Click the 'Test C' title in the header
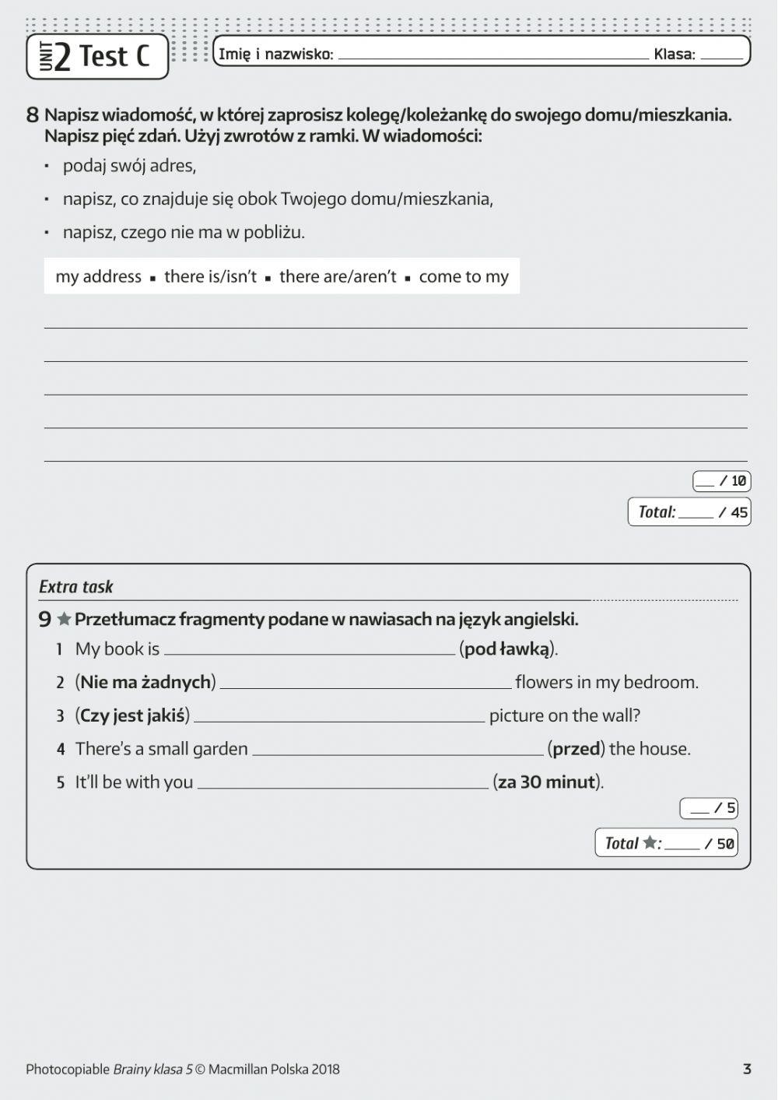pyautogui.click(x=114, y=56)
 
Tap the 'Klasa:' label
pyautogui.click(x=674, y=54)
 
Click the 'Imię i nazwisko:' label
pyautogui.click(x=275, y=54)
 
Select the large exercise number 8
pyautogui.click(x=32, y=115)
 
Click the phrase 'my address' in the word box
pyautogui.click(x=98, y=276)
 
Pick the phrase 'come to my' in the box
pyautogui.click(x=463, y=276)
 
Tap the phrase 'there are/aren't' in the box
pyautogui.click(x=337, y=276)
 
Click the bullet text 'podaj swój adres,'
pyautogui.click(x=129, y=166)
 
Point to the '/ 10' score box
pyautogui.click(x=721, y=481)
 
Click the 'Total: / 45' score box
pyautogui.click(x=689, y=511)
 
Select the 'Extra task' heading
pyautogui.click(x=76, y=587)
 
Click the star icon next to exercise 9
pyautogui.click(x=64, y=620)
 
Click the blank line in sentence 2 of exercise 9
pyautogui.click(x=366, y=684)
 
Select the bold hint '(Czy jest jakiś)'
pyautogui.click(x=132, y=715)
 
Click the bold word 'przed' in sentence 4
pyautogui.click(x=576, y=749)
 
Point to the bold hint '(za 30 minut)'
pyautogui.click(x=547, y=782)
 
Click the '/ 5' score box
pyautogui.click(x=708, y=808)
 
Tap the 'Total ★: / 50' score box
pyautogui.click(x=667, y=843)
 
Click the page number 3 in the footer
pyautogui.click(x=746, y=1069)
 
